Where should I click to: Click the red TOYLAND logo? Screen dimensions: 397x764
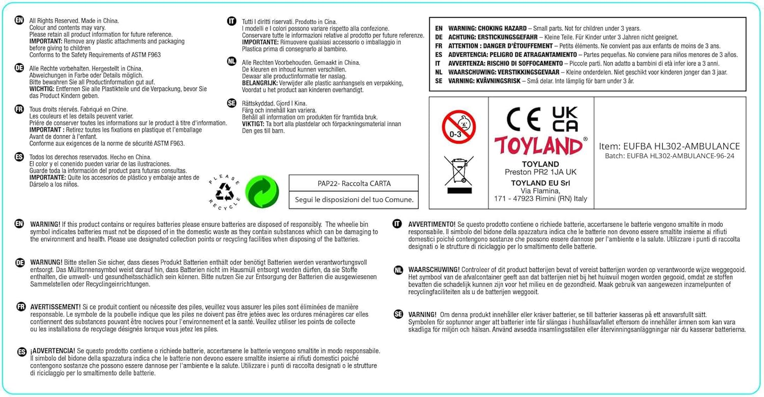point(538,146)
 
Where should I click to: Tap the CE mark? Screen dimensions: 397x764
point(524,119)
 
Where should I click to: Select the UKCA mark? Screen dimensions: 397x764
point(565,119)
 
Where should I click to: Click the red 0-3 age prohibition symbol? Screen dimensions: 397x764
point(458,128)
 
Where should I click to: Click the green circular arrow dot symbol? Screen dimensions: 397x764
point(262,192)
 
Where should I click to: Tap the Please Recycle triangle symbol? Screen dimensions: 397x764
point(225,192)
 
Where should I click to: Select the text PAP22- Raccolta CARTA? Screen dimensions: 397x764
point(354,184)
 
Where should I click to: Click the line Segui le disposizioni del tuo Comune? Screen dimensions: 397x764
point(354,199)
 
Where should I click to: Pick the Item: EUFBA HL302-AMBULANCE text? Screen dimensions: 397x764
point(669,146)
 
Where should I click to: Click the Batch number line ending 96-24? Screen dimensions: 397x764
point(669,156)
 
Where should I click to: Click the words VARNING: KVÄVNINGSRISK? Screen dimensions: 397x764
point(484,81)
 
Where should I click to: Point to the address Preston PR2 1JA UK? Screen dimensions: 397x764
point(540,172)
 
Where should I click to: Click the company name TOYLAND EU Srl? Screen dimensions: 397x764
point(540,183)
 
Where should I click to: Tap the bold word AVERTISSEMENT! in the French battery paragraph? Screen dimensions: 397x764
point(55,307)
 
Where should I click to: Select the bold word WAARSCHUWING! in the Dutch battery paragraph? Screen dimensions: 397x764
point(434,270)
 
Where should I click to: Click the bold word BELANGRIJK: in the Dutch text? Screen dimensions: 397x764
point(260,83)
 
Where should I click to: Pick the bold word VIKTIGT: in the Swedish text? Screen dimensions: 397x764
point(253,124)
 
